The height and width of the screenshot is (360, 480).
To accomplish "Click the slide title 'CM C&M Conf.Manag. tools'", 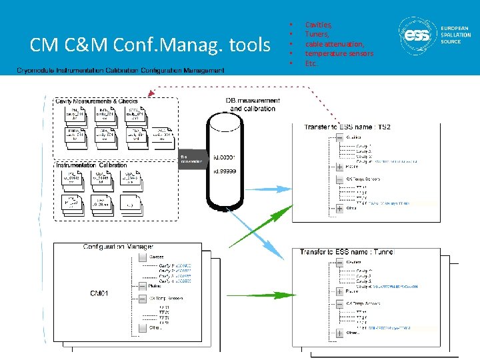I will (150, 45).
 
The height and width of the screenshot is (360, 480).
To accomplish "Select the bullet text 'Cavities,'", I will (319, 25).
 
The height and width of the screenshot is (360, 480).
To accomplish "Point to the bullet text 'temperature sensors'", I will (339, 53).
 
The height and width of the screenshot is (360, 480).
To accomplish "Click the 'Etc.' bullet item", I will (311, 63).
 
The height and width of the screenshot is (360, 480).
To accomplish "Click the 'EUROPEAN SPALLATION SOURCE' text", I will (455, 35).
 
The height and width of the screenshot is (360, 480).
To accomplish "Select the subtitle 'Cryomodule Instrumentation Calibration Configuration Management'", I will (121, 69).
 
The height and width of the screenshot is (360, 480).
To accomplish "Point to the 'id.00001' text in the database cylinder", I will (223, 158).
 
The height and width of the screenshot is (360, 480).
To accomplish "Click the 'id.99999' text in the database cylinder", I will (223, 171).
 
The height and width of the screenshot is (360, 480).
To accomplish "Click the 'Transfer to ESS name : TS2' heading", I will (347, 127).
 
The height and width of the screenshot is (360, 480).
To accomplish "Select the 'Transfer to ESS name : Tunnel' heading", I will (347, 252).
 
